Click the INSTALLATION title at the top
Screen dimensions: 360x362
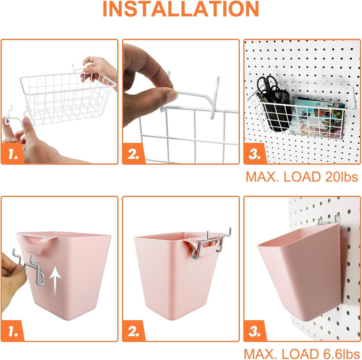point(181,10)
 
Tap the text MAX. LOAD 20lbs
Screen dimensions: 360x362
point(302,176)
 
